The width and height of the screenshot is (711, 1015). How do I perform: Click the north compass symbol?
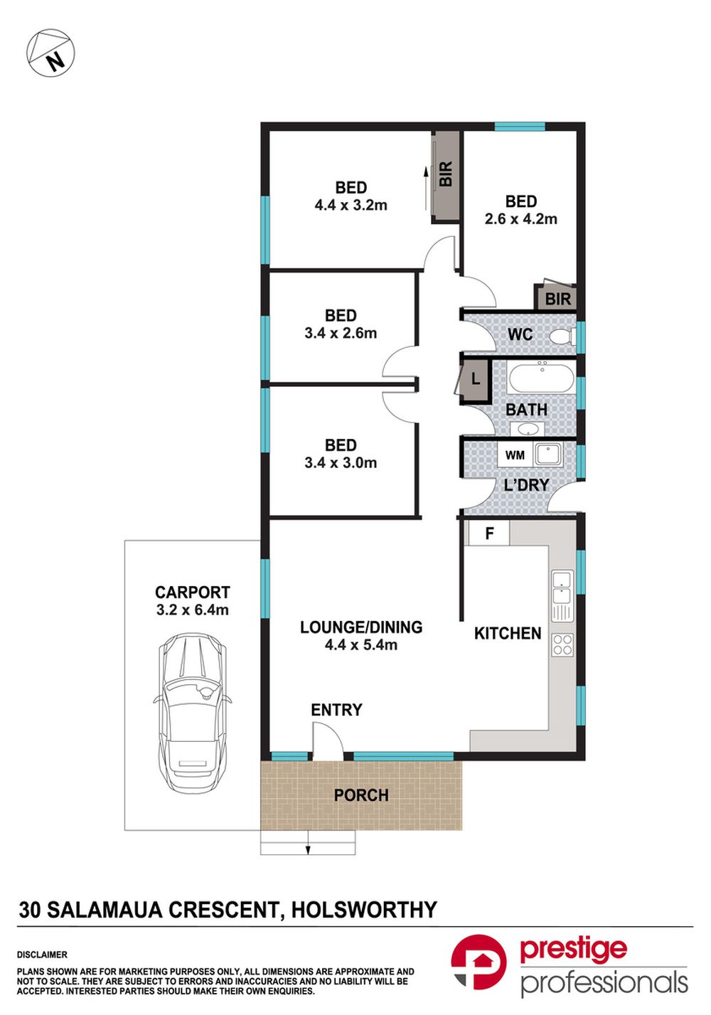click(x=50, y=53)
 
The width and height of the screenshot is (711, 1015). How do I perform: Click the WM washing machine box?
click(x=515, y=455)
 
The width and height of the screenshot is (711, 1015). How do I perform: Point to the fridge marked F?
click(x=488, y=533)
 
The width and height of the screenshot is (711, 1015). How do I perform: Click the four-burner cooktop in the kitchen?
click(x=562, y=644)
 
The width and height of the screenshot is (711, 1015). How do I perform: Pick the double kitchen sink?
click(x=562, y=596)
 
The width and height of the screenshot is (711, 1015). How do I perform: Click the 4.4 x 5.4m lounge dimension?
click(x=361, y=644)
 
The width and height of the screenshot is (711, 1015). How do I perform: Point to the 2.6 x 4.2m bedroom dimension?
click(x=520, y=219)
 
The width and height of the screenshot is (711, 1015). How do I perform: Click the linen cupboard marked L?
click(x=475, y=378)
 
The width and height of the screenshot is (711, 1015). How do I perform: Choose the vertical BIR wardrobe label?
click(x=446, y=174)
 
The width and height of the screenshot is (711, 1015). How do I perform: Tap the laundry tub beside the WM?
click(x=548, y=455)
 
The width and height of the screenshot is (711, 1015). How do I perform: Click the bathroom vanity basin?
click(x=527, y=429)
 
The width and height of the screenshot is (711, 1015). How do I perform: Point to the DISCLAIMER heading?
click(x=42, y=955)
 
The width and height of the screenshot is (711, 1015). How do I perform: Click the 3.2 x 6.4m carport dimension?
click(x=193, y=610)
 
